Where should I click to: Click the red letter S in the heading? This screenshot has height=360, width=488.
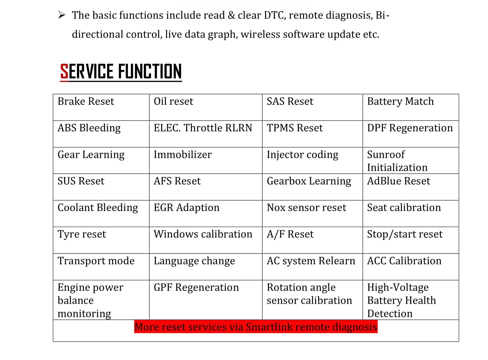click(64, 71)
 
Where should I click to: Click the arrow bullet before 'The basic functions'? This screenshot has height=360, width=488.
click(62, 15)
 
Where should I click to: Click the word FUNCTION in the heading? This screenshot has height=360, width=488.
click(150, 71)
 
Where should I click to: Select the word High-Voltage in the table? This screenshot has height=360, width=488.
click(398, 288)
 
